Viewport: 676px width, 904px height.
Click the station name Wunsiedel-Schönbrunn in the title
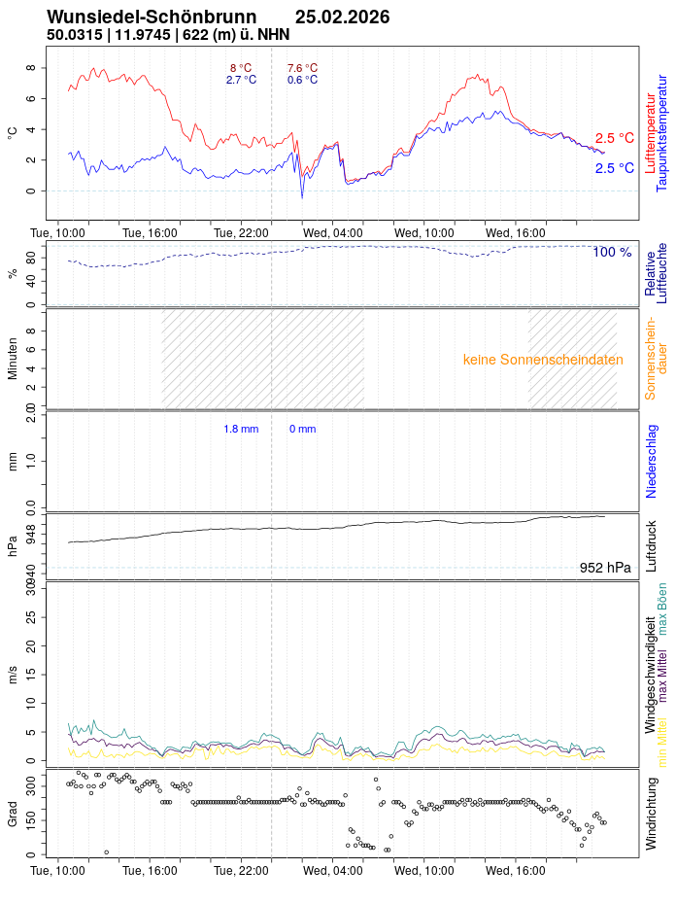152,17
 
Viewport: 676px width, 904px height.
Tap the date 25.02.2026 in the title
342,17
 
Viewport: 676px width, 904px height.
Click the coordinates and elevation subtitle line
167,35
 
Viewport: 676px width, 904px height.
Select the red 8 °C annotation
240,68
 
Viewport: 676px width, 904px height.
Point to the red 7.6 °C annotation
302,68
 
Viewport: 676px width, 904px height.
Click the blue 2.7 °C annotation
241,80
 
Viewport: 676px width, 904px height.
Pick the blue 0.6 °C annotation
302,80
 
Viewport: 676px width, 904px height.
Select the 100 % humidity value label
612,253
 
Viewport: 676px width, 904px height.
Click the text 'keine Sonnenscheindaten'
543,360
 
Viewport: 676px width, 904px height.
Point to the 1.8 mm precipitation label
241,429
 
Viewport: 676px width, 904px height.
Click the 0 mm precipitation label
302,429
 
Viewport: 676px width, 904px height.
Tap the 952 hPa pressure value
604,568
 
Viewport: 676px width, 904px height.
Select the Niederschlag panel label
652,461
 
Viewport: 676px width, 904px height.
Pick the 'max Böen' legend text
663,609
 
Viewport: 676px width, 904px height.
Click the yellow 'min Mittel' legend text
663,747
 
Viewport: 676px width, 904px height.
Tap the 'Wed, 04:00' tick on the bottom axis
333,871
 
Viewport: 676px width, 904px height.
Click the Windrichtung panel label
652,811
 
